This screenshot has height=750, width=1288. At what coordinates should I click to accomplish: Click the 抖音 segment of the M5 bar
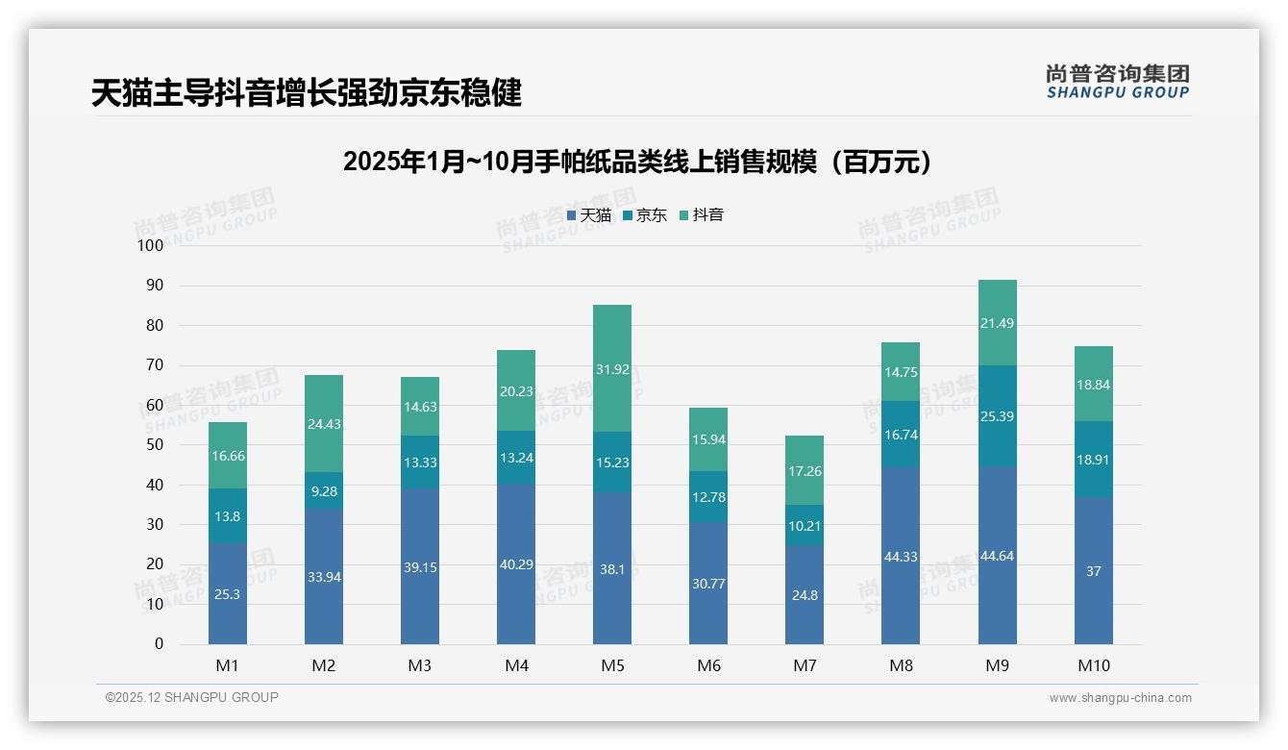(612, 368)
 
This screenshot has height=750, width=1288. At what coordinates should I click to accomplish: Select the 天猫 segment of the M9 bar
(997, 555)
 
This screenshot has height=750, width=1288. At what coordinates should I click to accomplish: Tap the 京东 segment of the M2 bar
(324, 490)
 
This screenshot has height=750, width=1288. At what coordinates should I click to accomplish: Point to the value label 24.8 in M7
(805, 595)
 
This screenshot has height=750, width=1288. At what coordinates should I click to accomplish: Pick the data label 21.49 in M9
(997, 323)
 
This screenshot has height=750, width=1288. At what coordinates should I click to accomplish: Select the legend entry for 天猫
(589, 215)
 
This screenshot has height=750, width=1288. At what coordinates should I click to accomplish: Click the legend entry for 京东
(645, 215)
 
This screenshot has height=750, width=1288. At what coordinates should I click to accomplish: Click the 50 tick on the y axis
(155, 445)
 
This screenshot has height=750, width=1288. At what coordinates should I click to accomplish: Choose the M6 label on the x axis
(708, 665)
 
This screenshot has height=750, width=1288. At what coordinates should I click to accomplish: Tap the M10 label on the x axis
(1093, 665)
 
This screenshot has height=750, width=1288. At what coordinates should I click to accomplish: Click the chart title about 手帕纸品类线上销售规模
(638, 162)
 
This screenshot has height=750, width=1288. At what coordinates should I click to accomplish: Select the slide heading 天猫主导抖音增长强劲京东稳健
(307, 93)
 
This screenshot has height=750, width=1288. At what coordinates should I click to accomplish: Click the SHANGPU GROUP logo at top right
(1117, 82)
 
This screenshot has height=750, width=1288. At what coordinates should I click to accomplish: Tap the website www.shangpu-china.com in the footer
(1120, 698)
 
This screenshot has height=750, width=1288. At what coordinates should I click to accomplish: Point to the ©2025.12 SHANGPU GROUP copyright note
(192, 698)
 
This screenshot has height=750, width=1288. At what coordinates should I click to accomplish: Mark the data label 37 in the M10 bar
(1093, 571)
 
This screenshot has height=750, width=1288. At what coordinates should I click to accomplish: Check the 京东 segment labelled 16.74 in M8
(901, 434)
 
